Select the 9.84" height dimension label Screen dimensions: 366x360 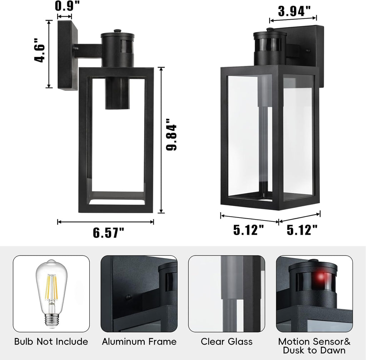tap(171, 135)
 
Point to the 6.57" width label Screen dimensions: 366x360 tap(109, 232)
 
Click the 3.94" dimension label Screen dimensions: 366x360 tap(295, 11)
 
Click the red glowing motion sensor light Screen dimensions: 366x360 tap(320, 277)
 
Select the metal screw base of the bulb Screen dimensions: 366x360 tap(51, 320)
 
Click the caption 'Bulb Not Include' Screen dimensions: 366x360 tap(51, 341)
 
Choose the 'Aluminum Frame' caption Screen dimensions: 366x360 tap(139, 341)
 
